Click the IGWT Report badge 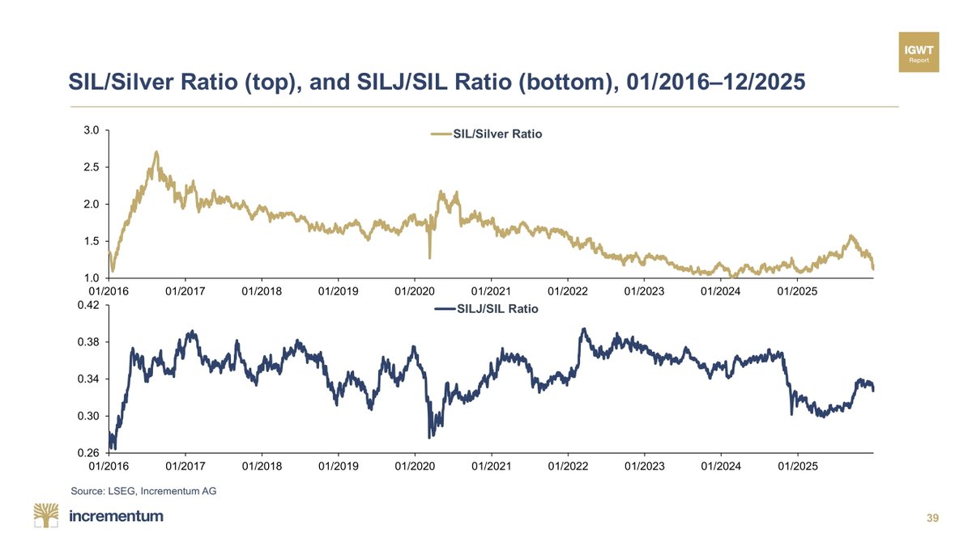pos(919,52)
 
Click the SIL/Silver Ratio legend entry pos(487,134)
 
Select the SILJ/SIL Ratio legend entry pos(487,308)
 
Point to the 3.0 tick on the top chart pos(91,130)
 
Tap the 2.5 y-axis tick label pos(91,167)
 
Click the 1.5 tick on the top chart pos(91,242)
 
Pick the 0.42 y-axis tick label pos(87,305)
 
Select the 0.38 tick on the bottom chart pos(87,342)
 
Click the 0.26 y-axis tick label pos(87,453)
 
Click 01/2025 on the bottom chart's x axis pos(797,467)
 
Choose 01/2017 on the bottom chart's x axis pos(185,467)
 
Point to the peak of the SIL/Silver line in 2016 pos(156,152)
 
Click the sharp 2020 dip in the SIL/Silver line pos(429,257)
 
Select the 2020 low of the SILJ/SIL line pos(429,437)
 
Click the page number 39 pos(932,518)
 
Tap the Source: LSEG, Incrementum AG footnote pos(144,490)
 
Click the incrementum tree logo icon pos(47,515)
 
